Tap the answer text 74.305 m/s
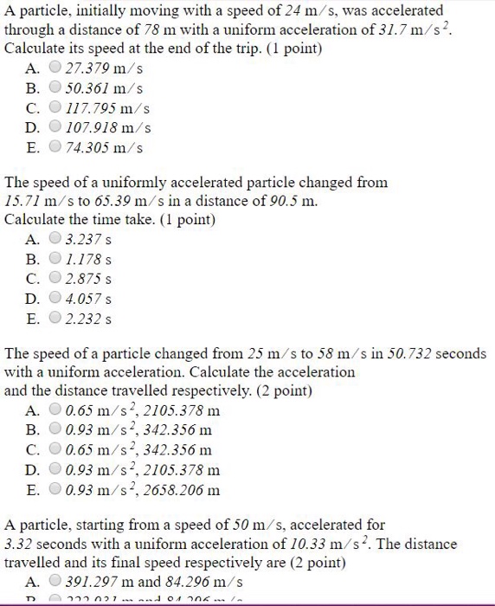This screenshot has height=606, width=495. tap(102, 148)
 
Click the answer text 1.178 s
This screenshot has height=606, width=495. tap(89, 259)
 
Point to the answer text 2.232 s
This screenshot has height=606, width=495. tap(89, 319)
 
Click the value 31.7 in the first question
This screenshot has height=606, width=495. tap(389, 31)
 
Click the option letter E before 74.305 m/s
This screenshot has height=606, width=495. tap(32, 148)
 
